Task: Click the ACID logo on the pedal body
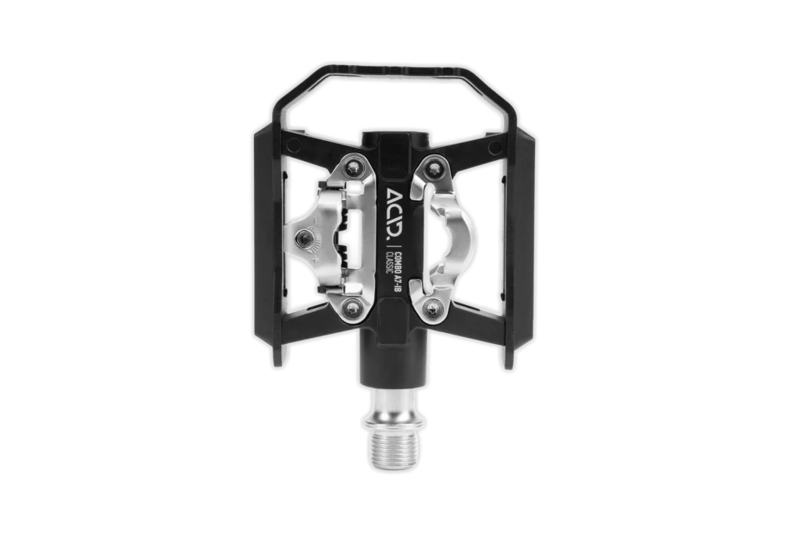coord(392,215)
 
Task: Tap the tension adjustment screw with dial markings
coord(305,238)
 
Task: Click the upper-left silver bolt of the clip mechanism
coord(352,167)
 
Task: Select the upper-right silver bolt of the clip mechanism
coord(434,167)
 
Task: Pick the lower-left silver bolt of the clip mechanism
coord(352,308)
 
